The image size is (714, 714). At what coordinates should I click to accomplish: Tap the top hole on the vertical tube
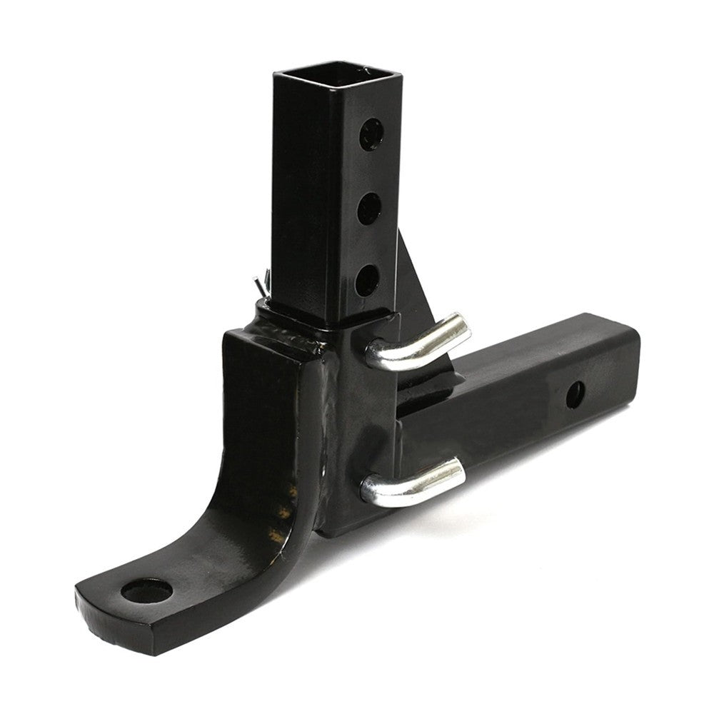(x=371, y=134)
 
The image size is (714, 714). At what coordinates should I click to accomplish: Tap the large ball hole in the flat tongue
(x=147, y=592)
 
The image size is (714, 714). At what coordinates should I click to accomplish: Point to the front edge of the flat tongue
(x=129, y=628)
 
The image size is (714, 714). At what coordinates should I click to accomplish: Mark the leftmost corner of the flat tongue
(x=76, y=591)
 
